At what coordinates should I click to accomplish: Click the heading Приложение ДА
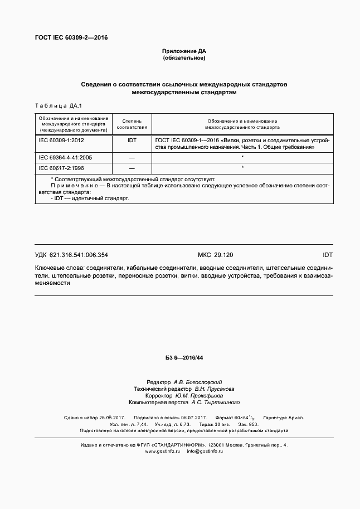(184, 51)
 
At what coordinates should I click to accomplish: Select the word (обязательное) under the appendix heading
(184, 58)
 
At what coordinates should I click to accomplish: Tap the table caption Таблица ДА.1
(59, 105)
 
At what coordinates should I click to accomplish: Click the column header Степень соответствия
(132, 124)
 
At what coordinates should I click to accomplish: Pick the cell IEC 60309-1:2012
(61, 141)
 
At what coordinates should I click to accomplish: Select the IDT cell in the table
(132, 141)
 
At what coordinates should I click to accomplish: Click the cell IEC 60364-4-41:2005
(65, 158)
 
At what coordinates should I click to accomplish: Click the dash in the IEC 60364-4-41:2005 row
(132, 158)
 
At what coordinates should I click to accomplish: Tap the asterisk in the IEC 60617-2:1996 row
(242, 167)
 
